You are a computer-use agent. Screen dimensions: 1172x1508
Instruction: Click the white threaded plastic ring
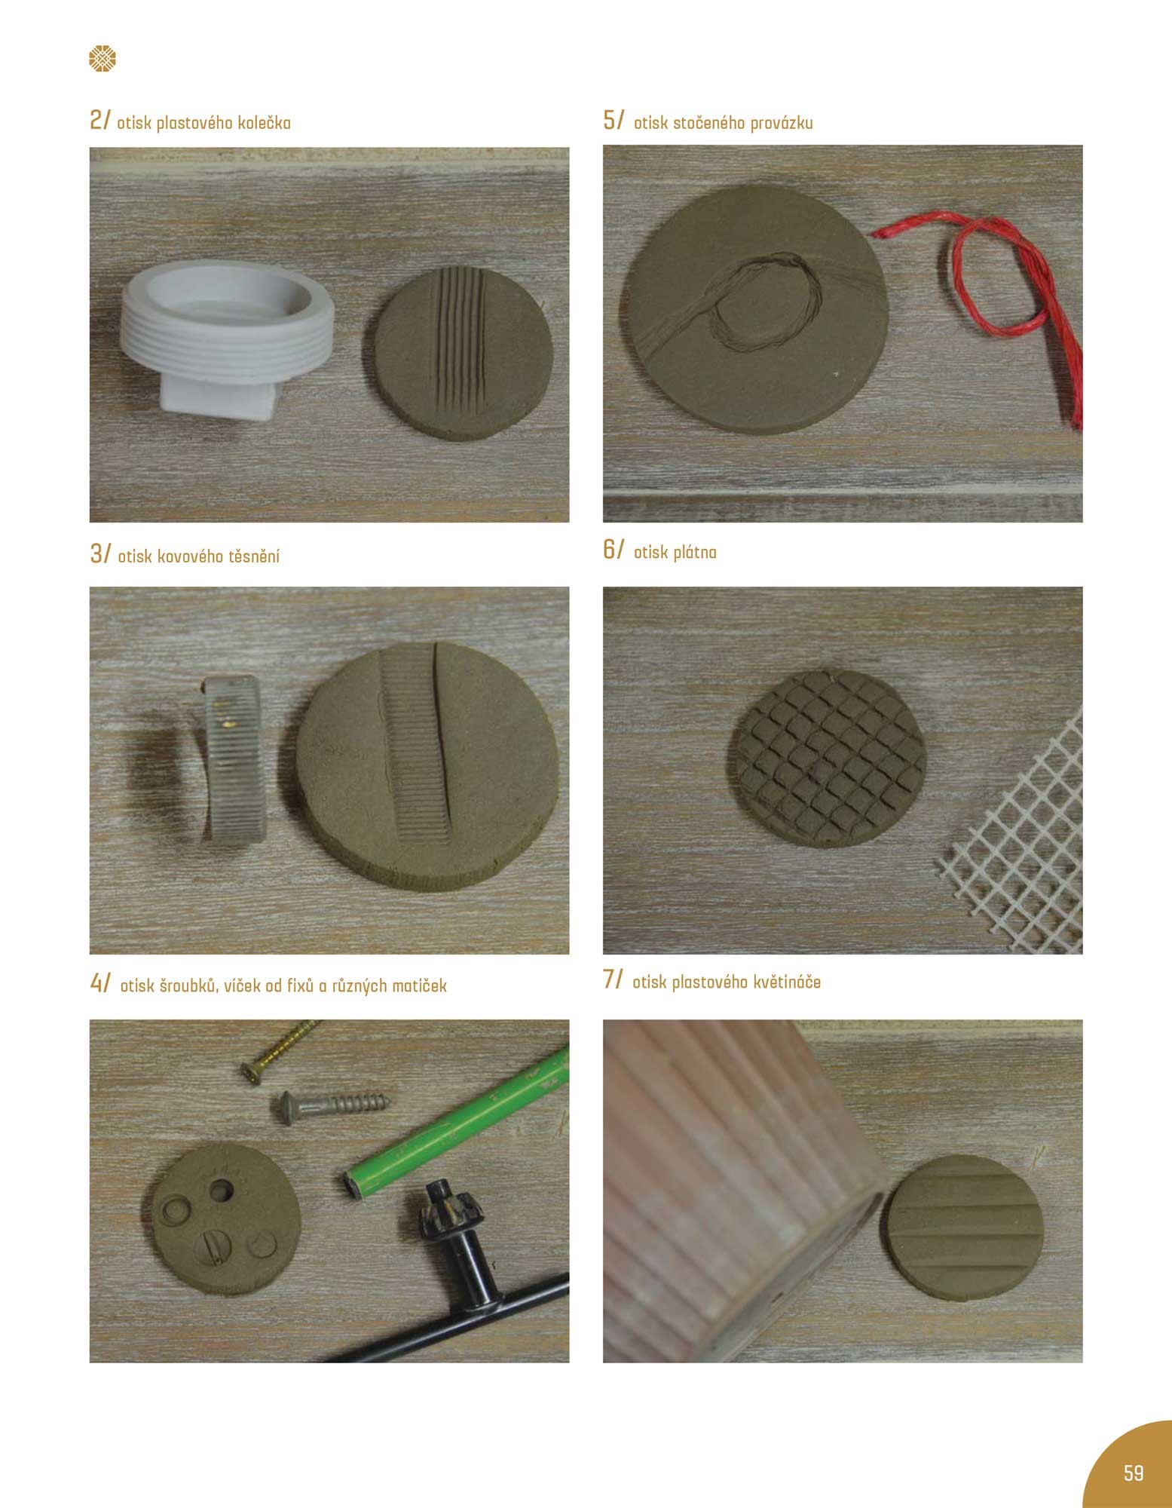[x=226, y=339]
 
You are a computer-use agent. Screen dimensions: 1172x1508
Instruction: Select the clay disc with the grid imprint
[x=827, y=764]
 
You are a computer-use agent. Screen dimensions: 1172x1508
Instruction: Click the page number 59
[x=1133, y=1473]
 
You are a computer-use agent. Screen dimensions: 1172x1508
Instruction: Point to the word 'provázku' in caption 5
[x=779, y=123]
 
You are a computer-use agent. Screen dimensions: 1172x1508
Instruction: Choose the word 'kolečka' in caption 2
[x=264, y=123]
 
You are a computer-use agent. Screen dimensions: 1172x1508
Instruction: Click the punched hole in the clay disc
[x=222, y=1191]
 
